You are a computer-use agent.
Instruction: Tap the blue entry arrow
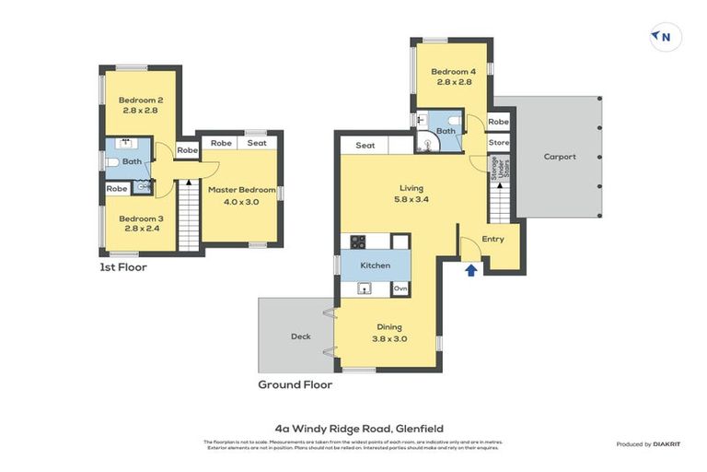470,269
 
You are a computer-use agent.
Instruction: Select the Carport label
559,157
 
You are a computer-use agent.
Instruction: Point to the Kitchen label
375,265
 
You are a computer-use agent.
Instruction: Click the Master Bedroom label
241,195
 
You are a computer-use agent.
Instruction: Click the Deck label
300,336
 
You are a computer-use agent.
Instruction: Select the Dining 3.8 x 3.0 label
389,332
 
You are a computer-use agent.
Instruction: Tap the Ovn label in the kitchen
400,289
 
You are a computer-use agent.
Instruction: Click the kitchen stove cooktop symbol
357,242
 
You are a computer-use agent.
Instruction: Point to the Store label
498,143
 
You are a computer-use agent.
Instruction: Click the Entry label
493,239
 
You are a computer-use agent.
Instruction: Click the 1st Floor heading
123,267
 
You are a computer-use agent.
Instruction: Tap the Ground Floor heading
296,383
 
